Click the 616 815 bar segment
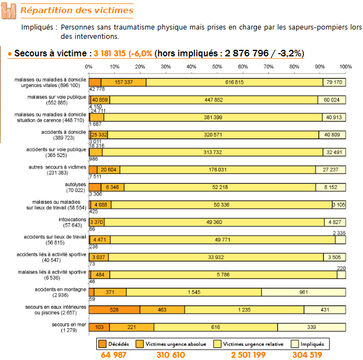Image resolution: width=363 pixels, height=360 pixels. tap(235, 82)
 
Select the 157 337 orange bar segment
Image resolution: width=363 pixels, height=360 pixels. tap(124, 82)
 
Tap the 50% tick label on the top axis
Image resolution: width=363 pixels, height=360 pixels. tap(217, 67)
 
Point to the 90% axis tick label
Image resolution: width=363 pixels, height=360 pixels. tap(320, 67)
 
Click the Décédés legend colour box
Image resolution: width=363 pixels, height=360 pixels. tap(102, 344)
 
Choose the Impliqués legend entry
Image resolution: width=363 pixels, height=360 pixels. tap(308, 344)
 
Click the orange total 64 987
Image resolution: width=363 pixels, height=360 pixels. tap(114, 355)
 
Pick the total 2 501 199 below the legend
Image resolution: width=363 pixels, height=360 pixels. tap(248, 355)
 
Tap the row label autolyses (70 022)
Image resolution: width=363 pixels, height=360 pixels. tap(75, 188)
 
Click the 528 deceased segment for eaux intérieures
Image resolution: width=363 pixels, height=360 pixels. tap(114, 310)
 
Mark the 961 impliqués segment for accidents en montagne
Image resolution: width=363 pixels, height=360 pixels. tap(303, 292)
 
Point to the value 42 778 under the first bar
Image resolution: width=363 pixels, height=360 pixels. tap(97, 89)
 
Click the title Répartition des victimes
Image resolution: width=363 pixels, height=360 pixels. tap(77, 10)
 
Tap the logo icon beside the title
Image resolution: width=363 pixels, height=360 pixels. tap(9, 10)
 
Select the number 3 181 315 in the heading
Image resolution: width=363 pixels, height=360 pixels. tap(110, 53)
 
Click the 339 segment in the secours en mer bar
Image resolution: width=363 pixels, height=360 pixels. tap(312, 327)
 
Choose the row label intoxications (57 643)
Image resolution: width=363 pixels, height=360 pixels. tap(72, 222)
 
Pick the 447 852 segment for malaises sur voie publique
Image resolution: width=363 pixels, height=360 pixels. tap(214, 100)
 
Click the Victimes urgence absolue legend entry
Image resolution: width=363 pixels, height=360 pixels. tap(171, 344)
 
